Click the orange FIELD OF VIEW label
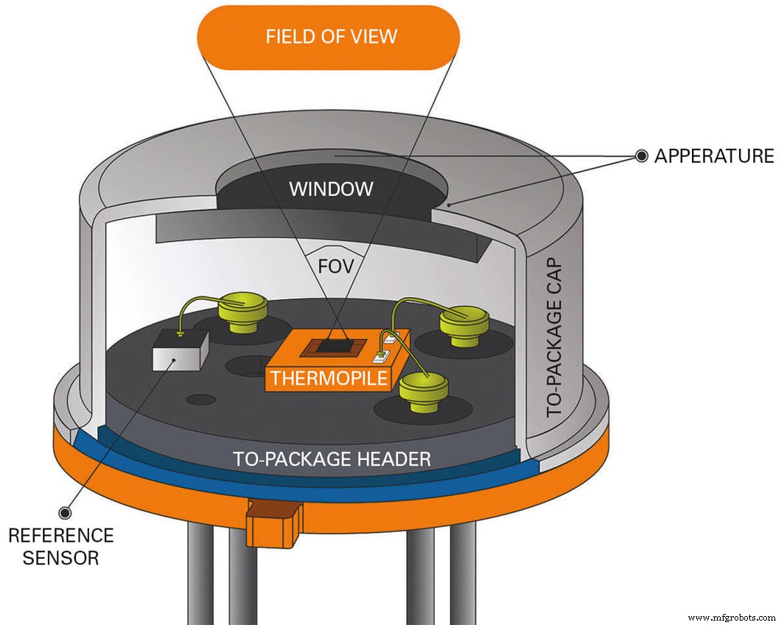(331, 36)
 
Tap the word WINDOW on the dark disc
(331, 189)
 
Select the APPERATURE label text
(714, 156)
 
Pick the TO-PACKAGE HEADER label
(332, 459)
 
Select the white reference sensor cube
(179, 352)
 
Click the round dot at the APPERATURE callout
(642, 156)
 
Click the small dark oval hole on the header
(201, 399)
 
